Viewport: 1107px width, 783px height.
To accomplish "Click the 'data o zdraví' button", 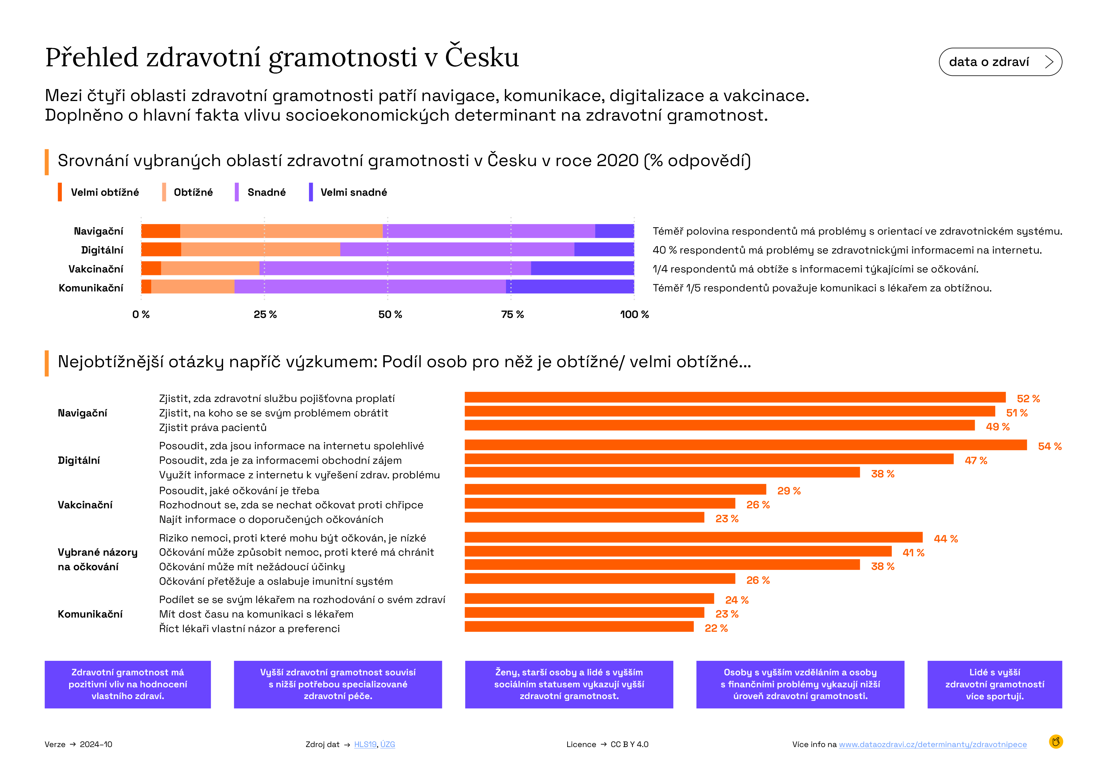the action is click(1000, 62).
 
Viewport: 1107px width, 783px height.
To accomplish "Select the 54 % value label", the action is click(1050, 446).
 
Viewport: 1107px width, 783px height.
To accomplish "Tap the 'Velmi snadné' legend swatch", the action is click(311, 192).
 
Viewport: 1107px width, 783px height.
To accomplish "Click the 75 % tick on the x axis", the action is click(512, 314).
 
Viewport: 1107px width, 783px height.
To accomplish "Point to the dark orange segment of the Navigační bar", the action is click(161, 231).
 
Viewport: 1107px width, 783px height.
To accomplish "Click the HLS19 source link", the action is click(365, 744).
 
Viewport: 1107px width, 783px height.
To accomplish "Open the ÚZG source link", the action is click(388, 744).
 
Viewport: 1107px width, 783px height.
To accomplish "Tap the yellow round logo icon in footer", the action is click(1056, 742).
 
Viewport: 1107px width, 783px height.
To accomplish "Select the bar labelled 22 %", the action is click(579, 626).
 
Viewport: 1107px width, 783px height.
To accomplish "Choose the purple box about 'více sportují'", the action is click(995, 684).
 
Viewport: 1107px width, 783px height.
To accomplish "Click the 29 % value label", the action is click(789, 491).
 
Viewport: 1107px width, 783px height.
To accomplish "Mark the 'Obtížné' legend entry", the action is click(187, 192).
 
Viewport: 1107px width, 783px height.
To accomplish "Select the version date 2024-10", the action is click(96, 744).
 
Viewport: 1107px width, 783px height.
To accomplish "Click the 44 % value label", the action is click(945, 539).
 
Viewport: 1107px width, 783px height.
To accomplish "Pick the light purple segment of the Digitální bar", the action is click(457, 249).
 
